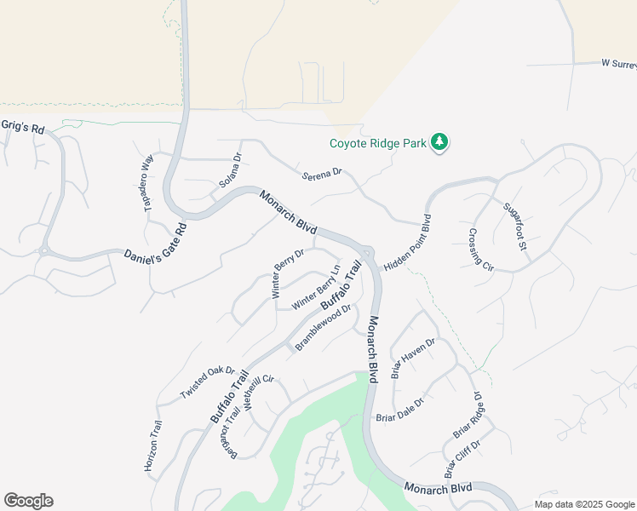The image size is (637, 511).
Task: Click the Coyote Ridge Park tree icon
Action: (x=439, y=142)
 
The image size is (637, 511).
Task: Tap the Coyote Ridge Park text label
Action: (x=379, y=143)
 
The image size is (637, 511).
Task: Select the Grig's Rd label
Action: (x=22, y=126)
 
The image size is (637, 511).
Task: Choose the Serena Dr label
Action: (x=322, y=174)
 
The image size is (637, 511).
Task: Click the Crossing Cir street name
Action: (x=481, y=249)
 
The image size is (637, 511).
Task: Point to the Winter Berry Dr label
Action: (x=288, y=273)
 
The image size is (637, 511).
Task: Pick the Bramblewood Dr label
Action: (x=323, y=328)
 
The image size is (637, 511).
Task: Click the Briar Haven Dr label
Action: (x=413, y=358)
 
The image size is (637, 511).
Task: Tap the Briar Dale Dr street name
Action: (x=399, y=411)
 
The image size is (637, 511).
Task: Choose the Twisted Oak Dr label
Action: (x=207, y=383)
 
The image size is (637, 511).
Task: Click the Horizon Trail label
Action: (x=153, y=445)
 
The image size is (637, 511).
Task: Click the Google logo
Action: (x=28, y=501)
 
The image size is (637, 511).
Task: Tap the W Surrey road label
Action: (x=618, y=63)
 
